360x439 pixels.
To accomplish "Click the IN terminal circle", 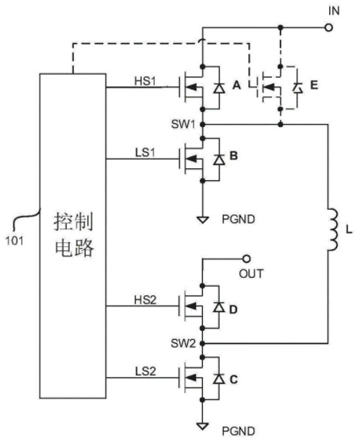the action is (328, 28).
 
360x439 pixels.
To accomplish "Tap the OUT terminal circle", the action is (246, 259).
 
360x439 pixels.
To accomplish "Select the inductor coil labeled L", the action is (333, 229).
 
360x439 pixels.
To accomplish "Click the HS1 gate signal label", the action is (145, 81).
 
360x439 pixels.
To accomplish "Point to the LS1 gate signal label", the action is (145, 153).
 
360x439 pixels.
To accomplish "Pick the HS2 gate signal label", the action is (145, 300).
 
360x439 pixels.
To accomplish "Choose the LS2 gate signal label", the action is (145, 372).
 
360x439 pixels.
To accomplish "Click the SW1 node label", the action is (183, 124).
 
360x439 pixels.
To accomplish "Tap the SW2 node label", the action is (183, 343).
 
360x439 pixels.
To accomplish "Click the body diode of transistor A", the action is (219, 88).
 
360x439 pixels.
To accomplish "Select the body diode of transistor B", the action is (219, 160).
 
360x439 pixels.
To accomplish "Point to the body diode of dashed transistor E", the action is (297, 88).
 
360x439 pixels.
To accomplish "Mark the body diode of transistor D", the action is (219, 307).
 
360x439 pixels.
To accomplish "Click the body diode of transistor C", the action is (219, 379).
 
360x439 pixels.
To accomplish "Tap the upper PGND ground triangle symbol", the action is (203, 220).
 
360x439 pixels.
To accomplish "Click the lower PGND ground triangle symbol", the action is (203, 426).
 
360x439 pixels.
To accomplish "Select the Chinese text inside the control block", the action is (74, 235).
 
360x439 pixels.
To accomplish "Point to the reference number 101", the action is (14, 241).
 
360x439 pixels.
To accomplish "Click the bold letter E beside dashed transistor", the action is (314, 85).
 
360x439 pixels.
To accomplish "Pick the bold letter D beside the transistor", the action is (233, 310).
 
